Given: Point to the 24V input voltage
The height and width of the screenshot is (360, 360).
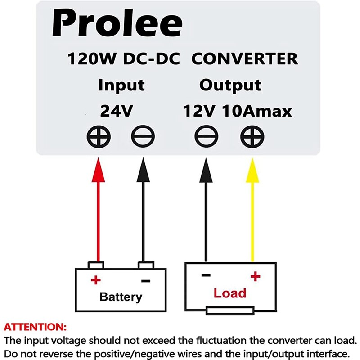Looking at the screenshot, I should [x=116, y=111].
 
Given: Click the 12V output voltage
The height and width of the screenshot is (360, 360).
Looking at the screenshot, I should [x=199, y=111].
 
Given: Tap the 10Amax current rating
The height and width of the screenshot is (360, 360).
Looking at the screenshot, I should [x=257, y=111].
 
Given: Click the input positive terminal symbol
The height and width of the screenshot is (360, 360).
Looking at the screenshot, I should [x=98, y=136].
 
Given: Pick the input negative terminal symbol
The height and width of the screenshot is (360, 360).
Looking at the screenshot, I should [x=143, y=136].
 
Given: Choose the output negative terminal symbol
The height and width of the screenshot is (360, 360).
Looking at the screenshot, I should [x=206, y=136].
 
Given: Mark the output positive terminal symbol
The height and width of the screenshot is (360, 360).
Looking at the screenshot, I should [x=252, y=136].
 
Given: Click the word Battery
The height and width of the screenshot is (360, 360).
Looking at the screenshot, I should [x=121, y=297].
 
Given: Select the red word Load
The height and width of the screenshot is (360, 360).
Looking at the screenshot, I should [x=230, y=293].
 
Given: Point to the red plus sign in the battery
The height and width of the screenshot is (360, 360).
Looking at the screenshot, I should [x=95, y=280].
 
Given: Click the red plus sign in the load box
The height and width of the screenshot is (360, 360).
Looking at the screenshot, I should [x=255, y=276].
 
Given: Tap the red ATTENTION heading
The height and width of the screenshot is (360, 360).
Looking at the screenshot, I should [x=35, y=326].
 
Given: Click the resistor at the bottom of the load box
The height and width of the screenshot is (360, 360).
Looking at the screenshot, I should [x=229, y=310].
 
